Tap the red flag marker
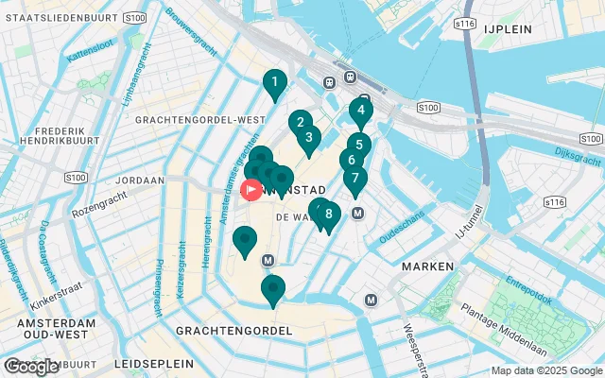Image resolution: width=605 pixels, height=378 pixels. [x=252, y=189]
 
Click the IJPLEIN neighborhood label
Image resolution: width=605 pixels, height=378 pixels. [x=510, y=29]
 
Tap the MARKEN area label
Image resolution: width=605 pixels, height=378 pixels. [x=427, y=267]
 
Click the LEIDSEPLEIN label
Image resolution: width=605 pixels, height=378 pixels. [x=153, y=363]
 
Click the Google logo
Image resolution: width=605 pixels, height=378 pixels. [x=31, y=367]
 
